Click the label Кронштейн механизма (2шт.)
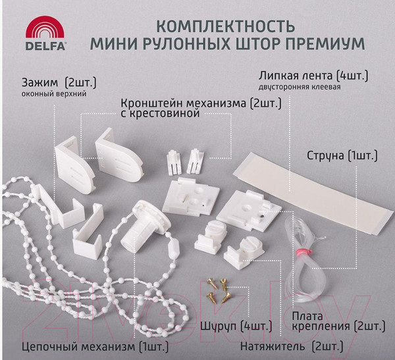pyautogui.click(x=200, y=103)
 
